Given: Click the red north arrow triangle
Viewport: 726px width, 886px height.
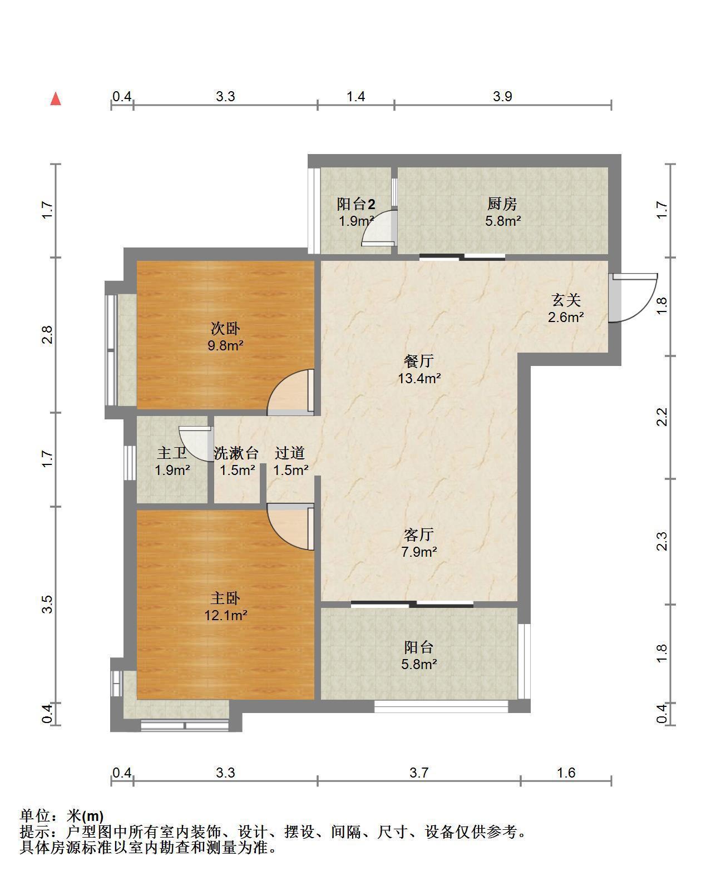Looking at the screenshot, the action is (56, 99).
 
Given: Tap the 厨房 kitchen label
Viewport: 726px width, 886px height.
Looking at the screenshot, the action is (502, 204).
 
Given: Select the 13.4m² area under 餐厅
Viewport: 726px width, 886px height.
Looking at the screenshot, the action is (419, 379).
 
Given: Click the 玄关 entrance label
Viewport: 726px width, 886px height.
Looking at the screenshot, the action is (566, 300).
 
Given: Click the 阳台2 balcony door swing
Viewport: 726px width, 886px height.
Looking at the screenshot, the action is (372, 222).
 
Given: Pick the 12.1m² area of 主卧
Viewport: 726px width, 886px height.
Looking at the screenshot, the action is (226, 616).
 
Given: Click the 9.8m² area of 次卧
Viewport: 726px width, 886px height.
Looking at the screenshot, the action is (226, 345).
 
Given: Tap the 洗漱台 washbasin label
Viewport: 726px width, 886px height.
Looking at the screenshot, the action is (236, 453).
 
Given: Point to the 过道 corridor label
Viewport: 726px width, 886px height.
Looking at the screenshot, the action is (290, 453).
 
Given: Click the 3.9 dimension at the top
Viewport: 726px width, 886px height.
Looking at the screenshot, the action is (502, 96).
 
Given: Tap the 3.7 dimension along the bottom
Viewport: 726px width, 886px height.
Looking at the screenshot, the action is (419, 773).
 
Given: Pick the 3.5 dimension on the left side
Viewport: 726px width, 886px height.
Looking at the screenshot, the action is (47, 604).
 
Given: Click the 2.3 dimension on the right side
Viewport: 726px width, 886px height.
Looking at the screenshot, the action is (661, 541).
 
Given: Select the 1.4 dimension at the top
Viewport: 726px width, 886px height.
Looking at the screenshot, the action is (355, 96).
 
